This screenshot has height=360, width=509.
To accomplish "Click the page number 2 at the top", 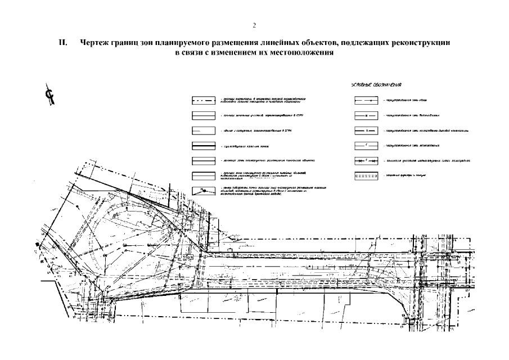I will tap(254, 25).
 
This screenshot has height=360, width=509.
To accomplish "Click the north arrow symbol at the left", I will tap(51, 96).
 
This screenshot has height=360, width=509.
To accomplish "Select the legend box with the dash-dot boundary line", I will tap(203, 102).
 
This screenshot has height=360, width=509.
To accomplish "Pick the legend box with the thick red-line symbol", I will tap(203, 146).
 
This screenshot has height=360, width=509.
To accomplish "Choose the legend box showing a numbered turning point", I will tap(203, 190).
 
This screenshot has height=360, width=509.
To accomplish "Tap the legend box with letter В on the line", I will tap(366, 116).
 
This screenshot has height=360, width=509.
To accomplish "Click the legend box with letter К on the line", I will tap(366, 131).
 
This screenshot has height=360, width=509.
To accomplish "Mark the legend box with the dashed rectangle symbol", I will tap(366, 175).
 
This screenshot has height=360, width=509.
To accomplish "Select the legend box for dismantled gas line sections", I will tap(366, 161).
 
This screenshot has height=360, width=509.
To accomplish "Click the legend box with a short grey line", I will tap(203, 132).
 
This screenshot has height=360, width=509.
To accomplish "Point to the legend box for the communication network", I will tap(366, 102).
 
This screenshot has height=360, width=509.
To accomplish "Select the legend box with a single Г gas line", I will tap(366, 146).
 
